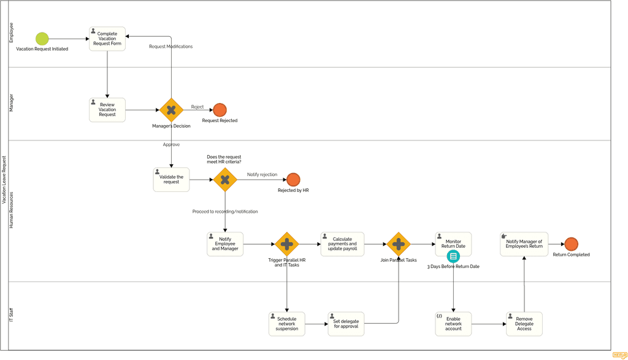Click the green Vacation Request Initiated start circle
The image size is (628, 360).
[x=42, y=39]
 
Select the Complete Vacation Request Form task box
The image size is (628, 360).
[x=107, y=39]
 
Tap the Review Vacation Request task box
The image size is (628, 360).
[x=107, y=110]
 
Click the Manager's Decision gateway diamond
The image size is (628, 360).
[x=171, y=110]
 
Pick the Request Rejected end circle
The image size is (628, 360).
[x=220, y=110]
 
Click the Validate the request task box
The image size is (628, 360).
[x=171, y=180]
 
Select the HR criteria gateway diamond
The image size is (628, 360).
[x=225, y=180]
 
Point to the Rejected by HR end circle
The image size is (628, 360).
[x=293, y=180]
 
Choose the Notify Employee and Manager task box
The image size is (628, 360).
[x=225, y=244]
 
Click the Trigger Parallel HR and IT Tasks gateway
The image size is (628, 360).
[x=286, y=244]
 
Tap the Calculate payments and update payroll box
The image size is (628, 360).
[x=342, y=244]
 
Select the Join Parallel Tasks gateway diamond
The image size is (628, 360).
[x=399, y=244]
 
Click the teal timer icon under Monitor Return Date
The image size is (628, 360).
[x=453, y=256]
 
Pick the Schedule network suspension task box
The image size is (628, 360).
[x=286, y=324]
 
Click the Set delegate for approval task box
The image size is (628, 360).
[x=346, y=324]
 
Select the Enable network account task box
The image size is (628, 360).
[x=453, y=324]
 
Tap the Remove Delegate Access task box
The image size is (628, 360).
[x=524, y=324]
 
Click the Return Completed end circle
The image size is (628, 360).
[x=571, y=244]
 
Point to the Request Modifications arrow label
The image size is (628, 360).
[x=170, y=47]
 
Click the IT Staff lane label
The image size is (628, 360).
[x=11, y=316]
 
